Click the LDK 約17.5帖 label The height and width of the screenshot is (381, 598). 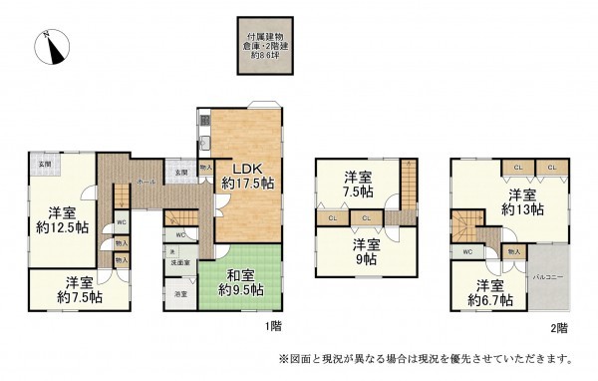(242, 176)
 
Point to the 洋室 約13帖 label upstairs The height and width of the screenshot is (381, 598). (523, 201)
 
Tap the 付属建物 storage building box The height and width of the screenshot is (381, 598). (272, 45)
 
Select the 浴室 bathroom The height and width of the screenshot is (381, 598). (179, 295)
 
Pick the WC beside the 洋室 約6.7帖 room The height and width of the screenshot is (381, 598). (466, 252)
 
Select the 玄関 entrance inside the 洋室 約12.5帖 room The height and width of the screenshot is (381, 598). (45, 164)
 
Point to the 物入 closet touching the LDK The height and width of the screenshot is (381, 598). (205, 169)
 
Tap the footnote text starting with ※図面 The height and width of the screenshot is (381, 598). (424, 358)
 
